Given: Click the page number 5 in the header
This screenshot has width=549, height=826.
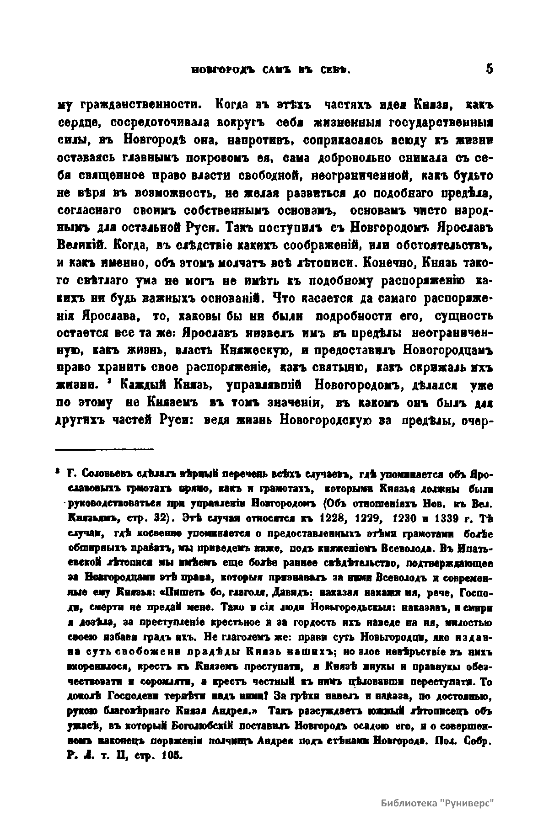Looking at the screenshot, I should point(490,69).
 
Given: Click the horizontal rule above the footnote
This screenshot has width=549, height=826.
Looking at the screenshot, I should point(105,450).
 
